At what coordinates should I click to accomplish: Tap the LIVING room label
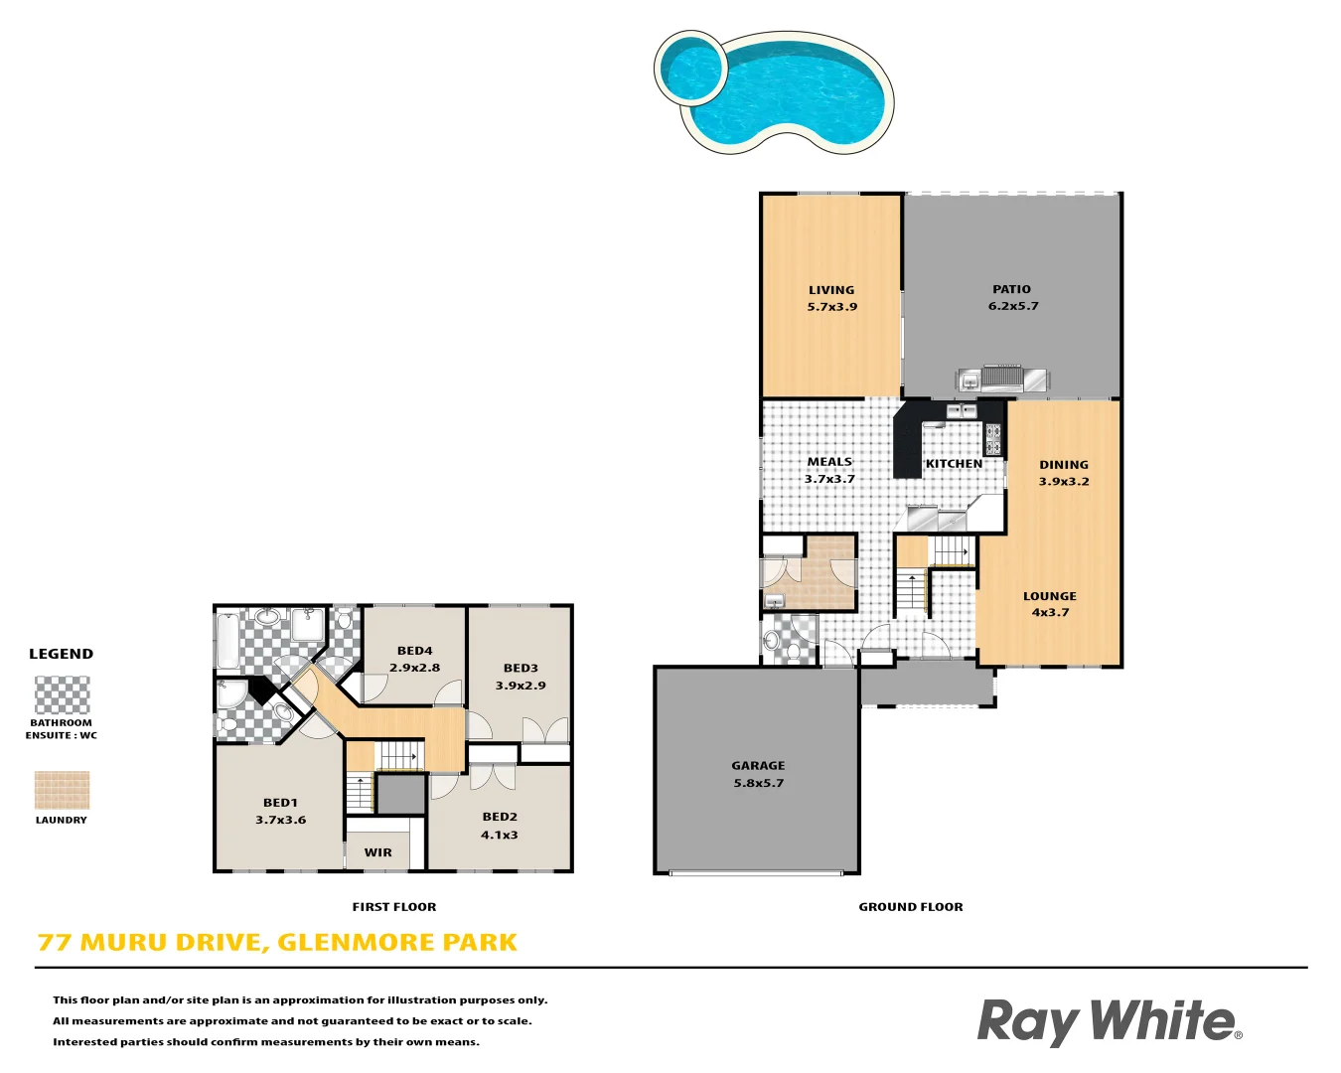(831, 290)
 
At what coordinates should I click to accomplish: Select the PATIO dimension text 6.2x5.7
(1012, 306)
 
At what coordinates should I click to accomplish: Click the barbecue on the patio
(1001, 379)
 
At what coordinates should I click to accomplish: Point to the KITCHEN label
(954, 464)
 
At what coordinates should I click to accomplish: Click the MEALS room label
(829, 462)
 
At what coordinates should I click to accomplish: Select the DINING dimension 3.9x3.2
(1064, 482)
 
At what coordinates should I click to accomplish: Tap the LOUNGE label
(1050, 596)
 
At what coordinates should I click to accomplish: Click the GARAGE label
(758, 766)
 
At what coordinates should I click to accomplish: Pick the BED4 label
(414, 651)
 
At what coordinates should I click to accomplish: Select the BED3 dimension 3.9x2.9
(521, 686)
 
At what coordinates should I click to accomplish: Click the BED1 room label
(280, 803)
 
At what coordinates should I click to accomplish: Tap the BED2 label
(500, 817)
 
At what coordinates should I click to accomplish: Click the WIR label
(377, 852)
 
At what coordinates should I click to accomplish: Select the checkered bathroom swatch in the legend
(62, 695)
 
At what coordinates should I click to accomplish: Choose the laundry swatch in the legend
(62, 791)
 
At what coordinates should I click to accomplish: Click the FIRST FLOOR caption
(394, 907)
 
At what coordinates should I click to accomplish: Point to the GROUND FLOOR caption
(911, 907)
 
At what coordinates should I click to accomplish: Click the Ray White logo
(1109, 1022)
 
